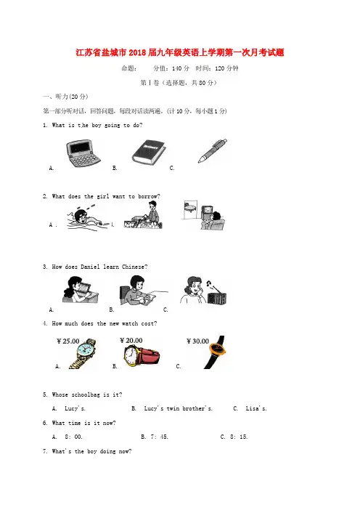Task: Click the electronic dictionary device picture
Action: coord(83,153)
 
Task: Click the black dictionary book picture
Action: coord(149,153)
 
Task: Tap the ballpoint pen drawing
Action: coord(213,150)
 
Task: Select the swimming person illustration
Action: coord(86,217)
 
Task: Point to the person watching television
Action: coord(213,221)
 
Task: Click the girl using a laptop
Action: coord(81,289)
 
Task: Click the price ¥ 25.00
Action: coord(68,341)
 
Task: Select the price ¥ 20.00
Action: coord(131,340)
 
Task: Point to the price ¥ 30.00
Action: coord(197,341)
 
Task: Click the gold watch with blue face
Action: coord(83,354)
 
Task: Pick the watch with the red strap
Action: coord(142,355)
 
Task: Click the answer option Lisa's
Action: coord(256,408)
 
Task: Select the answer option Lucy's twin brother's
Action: coord(178,408)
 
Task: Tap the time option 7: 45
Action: coord(159,437)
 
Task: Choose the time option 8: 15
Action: coord(239,437)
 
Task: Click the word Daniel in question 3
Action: coord(90,267)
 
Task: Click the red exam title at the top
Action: coord(180,52)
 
